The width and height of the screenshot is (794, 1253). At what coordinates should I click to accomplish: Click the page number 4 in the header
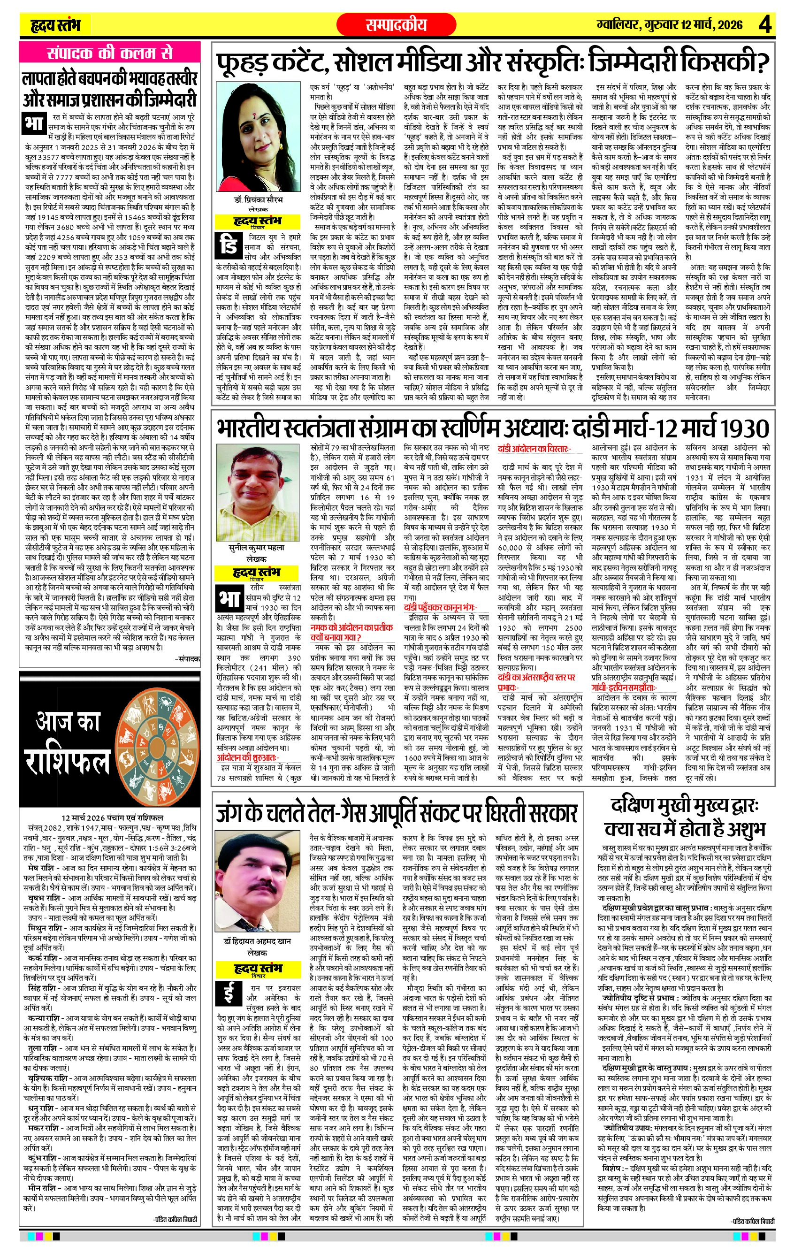(x=765, y=24)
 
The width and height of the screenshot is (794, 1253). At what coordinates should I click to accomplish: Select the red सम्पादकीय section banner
(x=396, y=24)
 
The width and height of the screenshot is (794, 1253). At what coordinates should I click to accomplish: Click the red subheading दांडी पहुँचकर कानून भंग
(x=440, y=607)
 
